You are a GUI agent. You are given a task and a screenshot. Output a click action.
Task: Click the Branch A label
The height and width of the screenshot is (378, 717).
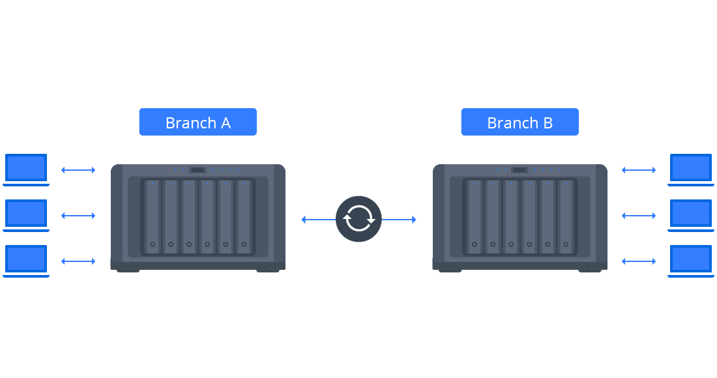pyautogui.click(x=198, y=123)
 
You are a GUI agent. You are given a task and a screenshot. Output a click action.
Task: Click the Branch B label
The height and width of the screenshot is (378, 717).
pyautogui.click(x=519, y=123)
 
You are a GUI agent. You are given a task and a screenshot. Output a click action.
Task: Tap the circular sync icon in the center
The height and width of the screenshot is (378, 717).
pyautogui.click(x=358, y=219)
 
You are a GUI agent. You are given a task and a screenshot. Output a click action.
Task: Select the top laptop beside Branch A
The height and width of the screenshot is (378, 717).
pyautogui.click(x=26, y=169)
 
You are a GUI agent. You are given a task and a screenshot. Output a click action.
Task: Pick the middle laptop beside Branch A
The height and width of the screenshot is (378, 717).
pyautogui.click(x=26, y=214)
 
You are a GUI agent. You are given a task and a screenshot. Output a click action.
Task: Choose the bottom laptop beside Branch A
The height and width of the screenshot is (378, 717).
pyautogui.click(x=26, y=260)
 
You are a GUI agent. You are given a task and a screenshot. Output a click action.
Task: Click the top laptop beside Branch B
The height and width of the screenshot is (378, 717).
pyautogui.click(x=691, y=169)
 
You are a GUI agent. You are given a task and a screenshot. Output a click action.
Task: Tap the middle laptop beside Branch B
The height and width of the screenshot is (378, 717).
pyautogui.click(x=691, y=214)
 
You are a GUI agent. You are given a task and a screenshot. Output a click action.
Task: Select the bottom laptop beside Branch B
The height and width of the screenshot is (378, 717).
pyautogui.click(x=691, y=260)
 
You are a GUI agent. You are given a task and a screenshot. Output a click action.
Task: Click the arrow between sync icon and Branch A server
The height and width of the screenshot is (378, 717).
pyautogui.click(x=318, y=220)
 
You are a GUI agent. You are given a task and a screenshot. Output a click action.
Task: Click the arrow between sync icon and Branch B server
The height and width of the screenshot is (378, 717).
pyautogui.click(x=399, y=220)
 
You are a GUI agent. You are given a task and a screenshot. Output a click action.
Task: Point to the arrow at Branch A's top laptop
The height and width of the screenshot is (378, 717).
pyautogui.click(x=78, y=170)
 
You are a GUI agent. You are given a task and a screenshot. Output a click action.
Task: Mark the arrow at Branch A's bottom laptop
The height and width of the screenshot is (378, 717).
pyautogui.click(x=78, y=261)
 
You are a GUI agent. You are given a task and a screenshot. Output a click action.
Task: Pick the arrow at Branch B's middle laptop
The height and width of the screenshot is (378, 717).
pyautogui.click(x=639, y=216)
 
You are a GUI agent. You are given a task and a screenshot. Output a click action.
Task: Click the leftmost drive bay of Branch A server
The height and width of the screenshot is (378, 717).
pyautogui.click(x=153, y=217)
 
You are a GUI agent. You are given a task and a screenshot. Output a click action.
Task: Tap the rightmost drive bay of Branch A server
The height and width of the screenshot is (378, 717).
pyautogui.click(x=244, y=217)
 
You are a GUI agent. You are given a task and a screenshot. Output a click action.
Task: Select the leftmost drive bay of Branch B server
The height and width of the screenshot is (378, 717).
pyautogui.click(x=475, y=217)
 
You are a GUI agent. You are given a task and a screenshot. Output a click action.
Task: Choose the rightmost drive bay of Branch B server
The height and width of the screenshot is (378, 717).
pyautogui.click(x=566, y=217)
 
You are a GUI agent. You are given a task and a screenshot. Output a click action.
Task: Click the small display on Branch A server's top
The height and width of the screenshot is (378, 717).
pyautogui.click(x=198, y=170)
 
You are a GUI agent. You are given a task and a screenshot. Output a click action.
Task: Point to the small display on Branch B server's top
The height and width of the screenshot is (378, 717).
pyautogui.click(x=519, y=170)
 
